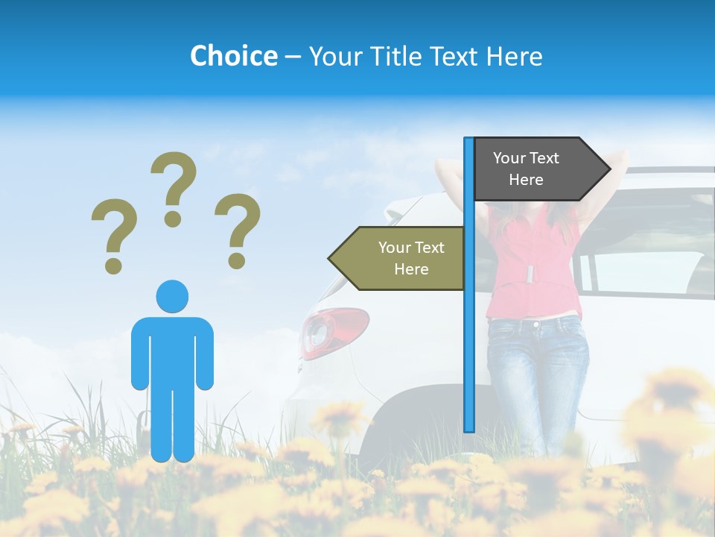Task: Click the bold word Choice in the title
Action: tap(233, 56)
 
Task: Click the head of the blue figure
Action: tap(172, 297)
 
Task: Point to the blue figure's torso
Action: tap(172, 351)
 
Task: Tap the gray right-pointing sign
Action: tap(533, 169)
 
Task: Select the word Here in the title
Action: tap(515, 56)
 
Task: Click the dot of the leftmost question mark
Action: tap(113, 265)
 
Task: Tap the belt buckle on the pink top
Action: tap(530, 273)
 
